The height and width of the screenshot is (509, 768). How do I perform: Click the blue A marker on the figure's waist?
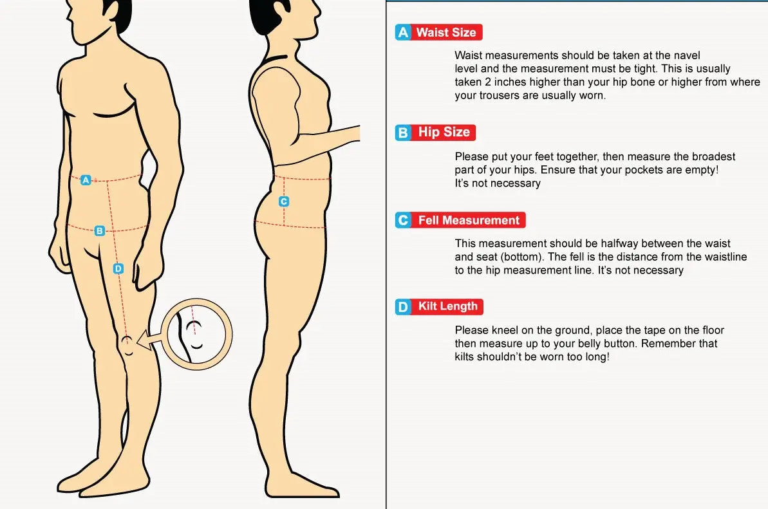pos(86,180)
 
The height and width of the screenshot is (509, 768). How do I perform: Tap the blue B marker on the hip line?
pos(99,230)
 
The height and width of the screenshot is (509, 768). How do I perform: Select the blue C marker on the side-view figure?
pos(284,201)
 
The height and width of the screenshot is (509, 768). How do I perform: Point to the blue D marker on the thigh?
pos(118,268)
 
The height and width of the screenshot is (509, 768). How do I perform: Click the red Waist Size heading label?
pos(447,32)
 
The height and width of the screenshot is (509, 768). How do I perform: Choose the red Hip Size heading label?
pos(444,132)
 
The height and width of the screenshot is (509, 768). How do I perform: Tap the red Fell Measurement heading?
pos(469,220)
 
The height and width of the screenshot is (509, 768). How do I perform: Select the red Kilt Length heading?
pos(447,306)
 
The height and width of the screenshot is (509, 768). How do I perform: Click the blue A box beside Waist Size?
pos(403,32)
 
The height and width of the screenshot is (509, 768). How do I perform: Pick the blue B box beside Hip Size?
pos(403,133)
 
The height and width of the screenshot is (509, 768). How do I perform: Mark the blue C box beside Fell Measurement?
pos(403,220)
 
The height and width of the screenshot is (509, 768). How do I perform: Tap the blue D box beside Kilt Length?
pos(403,307)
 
